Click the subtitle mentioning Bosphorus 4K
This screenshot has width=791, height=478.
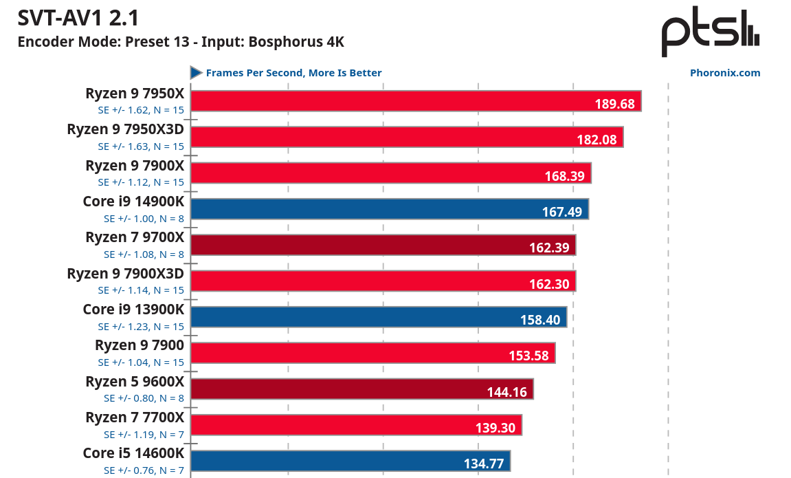180,42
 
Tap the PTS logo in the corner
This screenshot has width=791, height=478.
711,33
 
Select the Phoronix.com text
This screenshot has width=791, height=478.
725,73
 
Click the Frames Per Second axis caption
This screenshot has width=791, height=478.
293,73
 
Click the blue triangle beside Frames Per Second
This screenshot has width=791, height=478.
196,73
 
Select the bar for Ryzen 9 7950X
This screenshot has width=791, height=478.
415,101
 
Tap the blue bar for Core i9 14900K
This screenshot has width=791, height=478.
389,208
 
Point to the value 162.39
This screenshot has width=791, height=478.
549,248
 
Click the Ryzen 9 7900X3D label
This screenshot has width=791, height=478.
125,274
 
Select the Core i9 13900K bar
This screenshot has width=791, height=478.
378,316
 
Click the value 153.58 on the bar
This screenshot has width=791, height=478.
528,356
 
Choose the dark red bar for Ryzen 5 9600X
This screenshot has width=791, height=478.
361,389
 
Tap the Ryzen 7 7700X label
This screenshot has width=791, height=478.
135,417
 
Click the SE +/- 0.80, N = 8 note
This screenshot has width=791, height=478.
144,398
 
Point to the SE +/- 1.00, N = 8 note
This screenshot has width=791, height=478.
144,218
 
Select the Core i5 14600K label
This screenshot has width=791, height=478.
133,453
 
